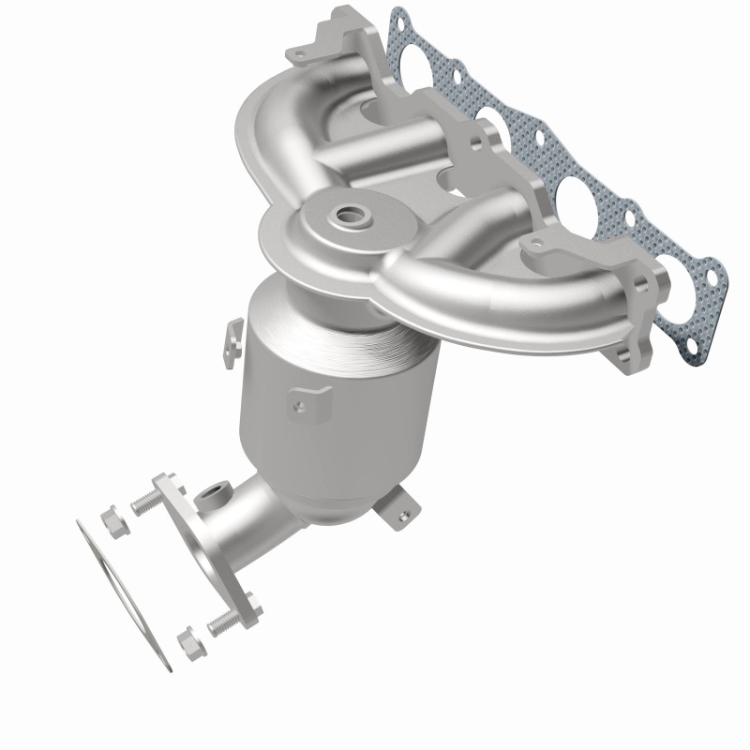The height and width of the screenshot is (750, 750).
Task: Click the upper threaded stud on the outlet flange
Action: coord(142,505)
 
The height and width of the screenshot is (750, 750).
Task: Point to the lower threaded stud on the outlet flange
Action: coord(218,622)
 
